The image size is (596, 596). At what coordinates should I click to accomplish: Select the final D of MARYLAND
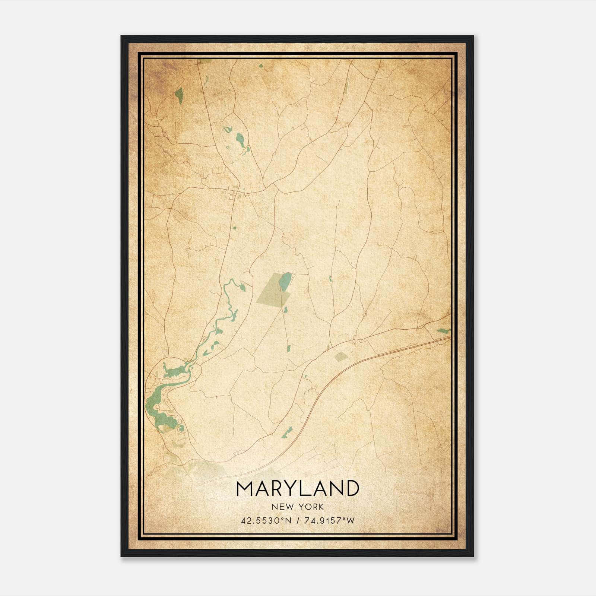[x=352, y=488]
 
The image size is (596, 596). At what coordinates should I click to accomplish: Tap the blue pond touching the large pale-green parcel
[x=285, y=282]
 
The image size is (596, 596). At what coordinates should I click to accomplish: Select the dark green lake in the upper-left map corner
[x=179, y=96]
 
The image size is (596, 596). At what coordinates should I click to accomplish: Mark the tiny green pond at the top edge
[x=260, y=66]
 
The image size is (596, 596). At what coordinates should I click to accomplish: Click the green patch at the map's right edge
[x=443, y=330]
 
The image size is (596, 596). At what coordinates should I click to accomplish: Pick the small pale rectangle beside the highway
[x=340, y=356]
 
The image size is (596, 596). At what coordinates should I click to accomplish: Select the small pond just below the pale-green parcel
[x=286, y=310]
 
